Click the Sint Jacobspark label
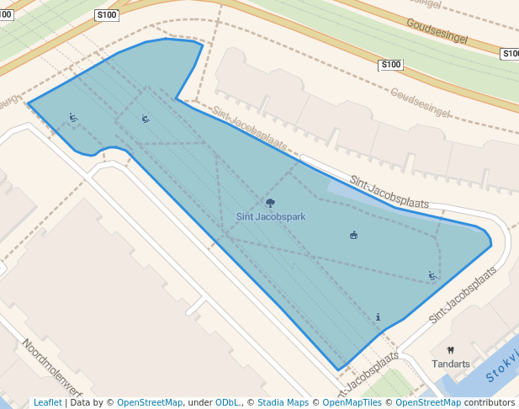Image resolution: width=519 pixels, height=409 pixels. pos(270,216)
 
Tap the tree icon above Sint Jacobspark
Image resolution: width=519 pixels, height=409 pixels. pos(270,203)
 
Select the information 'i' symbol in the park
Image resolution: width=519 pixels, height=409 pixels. pos(379,317)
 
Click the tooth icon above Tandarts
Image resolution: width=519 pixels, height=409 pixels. pos(450,350)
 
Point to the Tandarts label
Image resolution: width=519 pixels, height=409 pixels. pos(450,364)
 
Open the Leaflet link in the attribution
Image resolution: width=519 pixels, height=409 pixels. pos(47,402)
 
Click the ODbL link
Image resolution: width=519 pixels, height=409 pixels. pos(227,402)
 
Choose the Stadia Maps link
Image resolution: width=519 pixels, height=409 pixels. pos(283,402)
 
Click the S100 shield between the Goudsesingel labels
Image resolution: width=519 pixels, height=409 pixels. pos(391,65)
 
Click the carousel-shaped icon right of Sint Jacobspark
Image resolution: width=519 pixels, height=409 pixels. pos(353,235)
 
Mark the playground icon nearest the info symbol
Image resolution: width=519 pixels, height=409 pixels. pos(432,275)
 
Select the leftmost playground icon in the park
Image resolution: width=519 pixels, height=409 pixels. pos(73,118)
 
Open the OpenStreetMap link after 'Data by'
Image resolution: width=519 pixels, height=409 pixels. pos(150,402)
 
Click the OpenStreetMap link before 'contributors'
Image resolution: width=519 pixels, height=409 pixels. pos(428,402)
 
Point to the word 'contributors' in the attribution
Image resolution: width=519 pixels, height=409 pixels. pos(489,402)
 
